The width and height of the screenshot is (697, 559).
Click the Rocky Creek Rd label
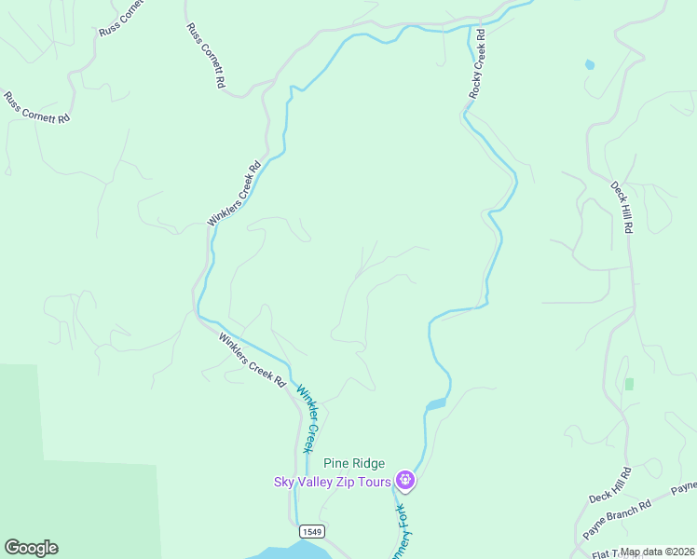click(x=478, y=63)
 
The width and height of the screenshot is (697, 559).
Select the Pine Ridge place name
click(x=353, y=463)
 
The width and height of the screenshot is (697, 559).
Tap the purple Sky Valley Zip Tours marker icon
click(x=405, y=481)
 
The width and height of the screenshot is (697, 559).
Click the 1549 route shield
click(x=312, y=531)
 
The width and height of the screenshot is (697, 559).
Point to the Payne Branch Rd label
click(x=617, y=522)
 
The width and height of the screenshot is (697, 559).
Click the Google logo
click(x=31, y=548)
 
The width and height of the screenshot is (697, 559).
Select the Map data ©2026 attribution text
click(x=658, y=552)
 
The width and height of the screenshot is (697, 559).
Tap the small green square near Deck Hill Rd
click(x=630, y=384)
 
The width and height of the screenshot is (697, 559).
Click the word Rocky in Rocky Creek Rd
click(x=475, y=85)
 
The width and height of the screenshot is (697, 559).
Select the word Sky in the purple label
click(x=283, y=482)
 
